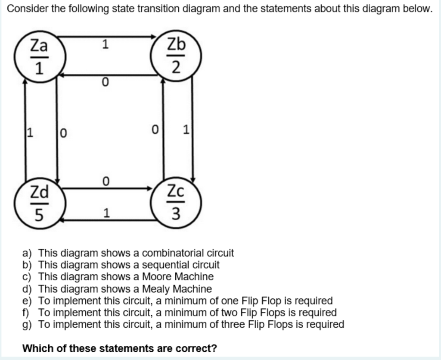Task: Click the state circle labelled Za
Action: (39, 56)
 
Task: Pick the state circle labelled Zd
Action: (39, 202)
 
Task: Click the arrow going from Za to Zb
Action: (108, 37)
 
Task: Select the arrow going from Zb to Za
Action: (108, 75)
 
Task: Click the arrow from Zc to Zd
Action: (108, 220)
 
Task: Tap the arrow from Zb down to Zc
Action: (193, 129)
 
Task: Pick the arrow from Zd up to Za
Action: (25, 129)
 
